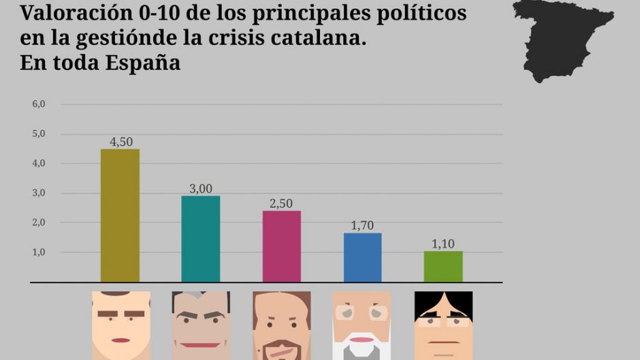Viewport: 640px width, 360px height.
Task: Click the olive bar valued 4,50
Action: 120,215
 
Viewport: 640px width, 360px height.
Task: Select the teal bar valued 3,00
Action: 200,239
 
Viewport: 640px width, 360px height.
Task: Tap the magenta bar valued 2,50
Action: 281,246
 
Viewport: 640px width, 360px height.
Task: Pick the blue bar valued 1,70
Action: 362,257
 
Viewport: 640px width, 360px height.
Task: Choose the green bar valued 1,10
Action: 443,266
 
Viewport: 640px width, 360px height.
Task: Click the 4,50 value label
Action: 121,142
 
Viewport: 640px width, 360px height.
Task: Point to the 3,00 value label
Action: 200,189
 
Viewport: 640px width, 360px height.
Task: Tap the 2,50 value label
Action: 281,203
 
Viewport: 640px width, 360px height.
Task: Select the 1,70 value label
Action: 362,226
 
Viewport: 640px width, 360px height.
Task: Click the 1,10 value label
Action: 443,244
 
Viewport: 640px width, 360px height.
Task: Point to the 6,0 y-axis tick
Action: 38,104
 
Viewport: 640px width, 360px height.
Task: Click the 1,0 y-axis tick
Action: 38,252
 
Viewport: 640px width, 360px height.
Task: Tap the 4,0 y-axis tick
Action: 38,163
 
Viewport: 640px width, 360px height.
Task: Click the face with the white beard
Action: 362,325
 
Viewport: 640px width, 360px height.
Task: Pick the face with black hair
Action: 443,325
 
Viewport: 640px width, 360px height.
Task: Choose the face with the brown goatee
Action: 281,325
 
